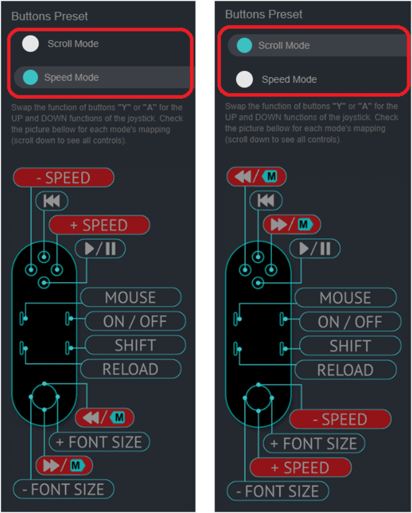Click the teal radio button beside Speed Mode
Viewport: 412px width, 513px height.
click(x=30, y=78)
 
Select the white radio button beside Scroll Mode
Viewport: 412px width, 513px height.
click(x=30, y=44)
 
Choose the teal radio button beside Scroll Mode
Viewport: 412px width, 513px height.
click(x=244, y=45)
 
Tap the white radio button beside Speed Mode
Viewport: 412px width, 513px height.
click(x=244, y=79)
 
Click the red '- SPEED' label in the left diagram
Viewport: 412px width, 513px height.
click(x=63, y=178)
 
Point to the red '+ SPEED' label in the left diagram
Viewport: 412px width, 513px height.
click(x=99, y=225)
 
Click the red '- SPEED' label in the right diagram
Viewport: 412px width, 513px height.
click(x=340, y=419)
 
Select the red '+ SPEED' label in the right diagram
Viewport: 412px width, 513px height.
click(x=300, y=467)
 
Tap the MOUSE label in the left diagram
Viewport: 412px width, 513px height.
click(x=130, y=297)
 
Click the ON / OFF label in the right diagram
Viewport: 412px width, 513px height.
click(x=349, y=322)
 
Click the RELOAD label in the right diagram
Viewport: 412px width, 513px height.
click(x=345, y=369)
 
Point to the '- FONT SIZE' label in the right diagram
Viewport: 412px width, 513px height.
click(x=278, y=491)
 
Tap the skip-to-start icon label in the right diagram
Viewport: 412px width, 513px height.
click(x=266, y=201)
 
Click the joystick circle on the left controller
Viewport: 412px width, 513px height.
click(x=44, y=396)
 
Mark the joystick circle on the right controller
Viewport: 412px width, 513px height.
click(x=259, y=396)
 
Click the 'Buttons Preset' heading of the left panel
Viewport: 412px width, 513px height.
click(x=49, y=16)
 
